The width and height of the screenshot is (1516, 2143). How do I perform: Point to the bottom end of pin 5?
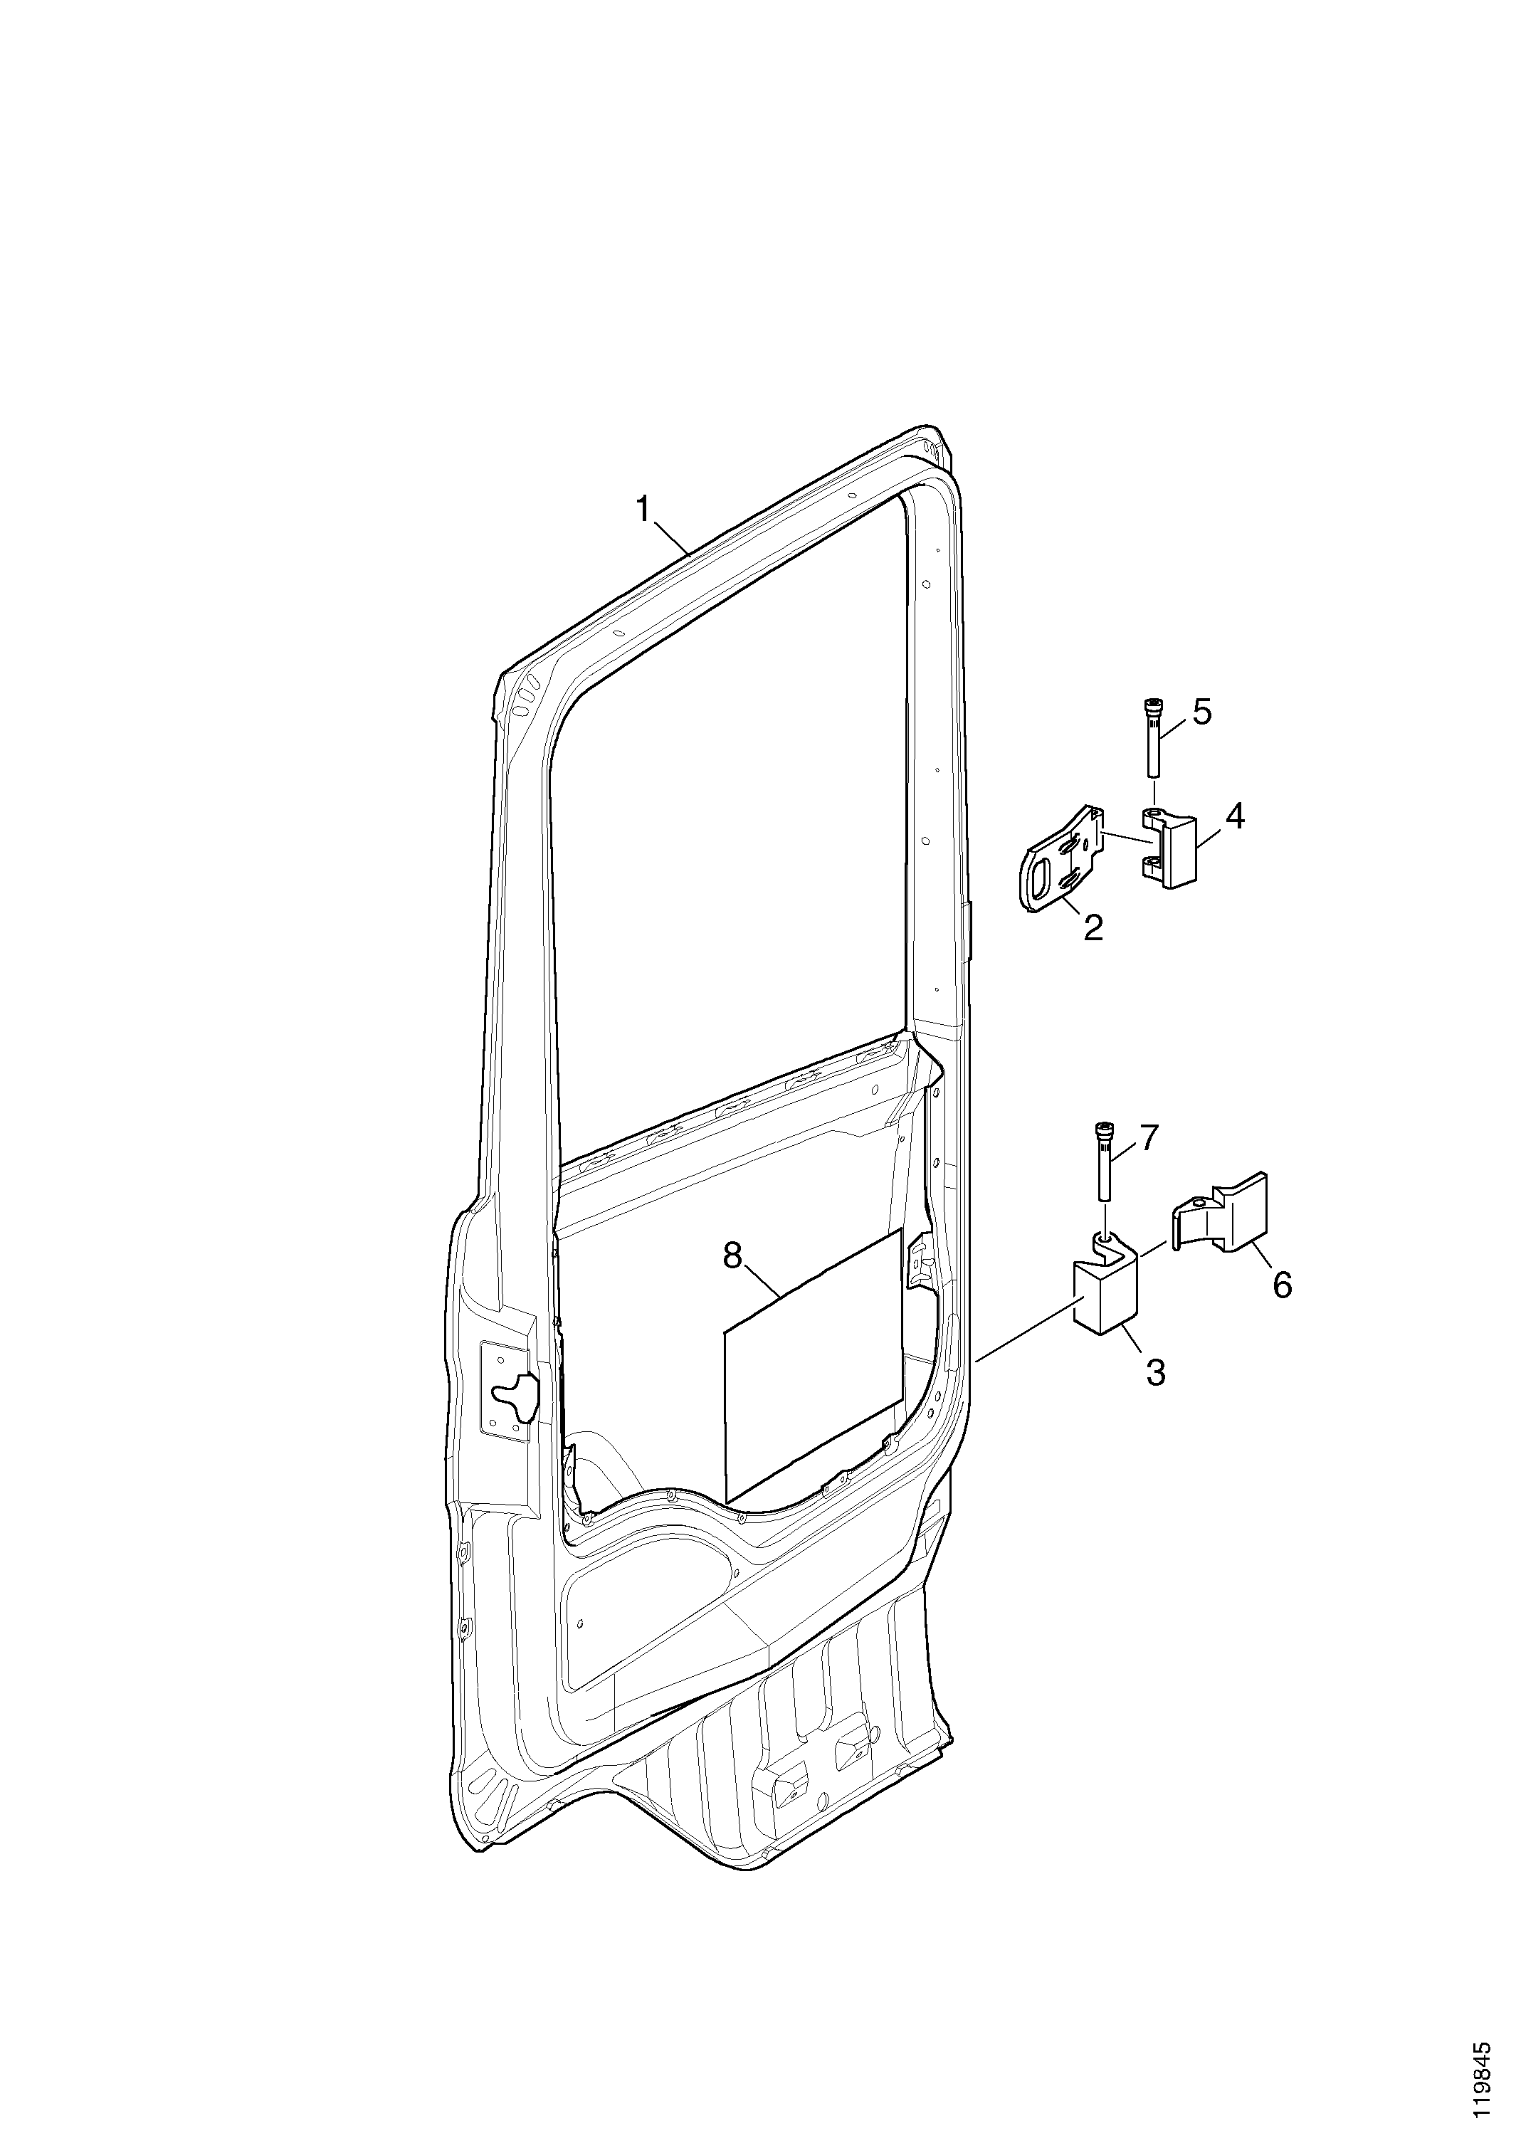pyautogui.click(x=1154, y=774)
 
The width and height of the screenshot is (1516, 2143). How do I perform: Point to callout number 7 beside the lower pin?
pyautogui.click(x=1147, y=1137)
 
